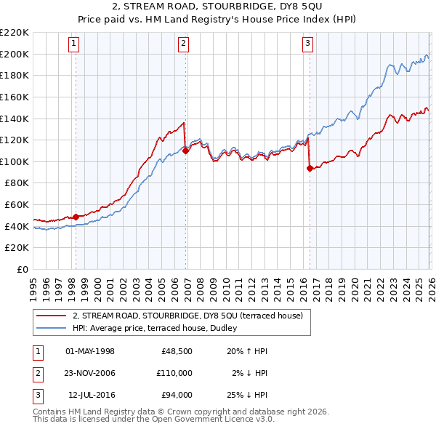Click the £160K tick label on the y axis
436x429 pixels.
15,97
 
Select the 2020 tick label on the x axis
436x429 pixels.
353,284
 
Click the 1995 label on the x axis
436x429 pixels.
33,284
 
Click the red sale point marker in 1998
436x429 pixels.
76,217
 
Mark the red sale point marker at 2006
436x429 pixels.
186,151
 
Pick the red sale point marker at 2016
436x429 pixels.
310,168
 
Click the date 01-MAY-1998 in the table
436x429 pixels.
90,351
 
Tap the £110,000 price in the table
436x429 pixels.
174,373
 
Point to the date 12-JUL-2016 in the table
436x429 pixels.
90,395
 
